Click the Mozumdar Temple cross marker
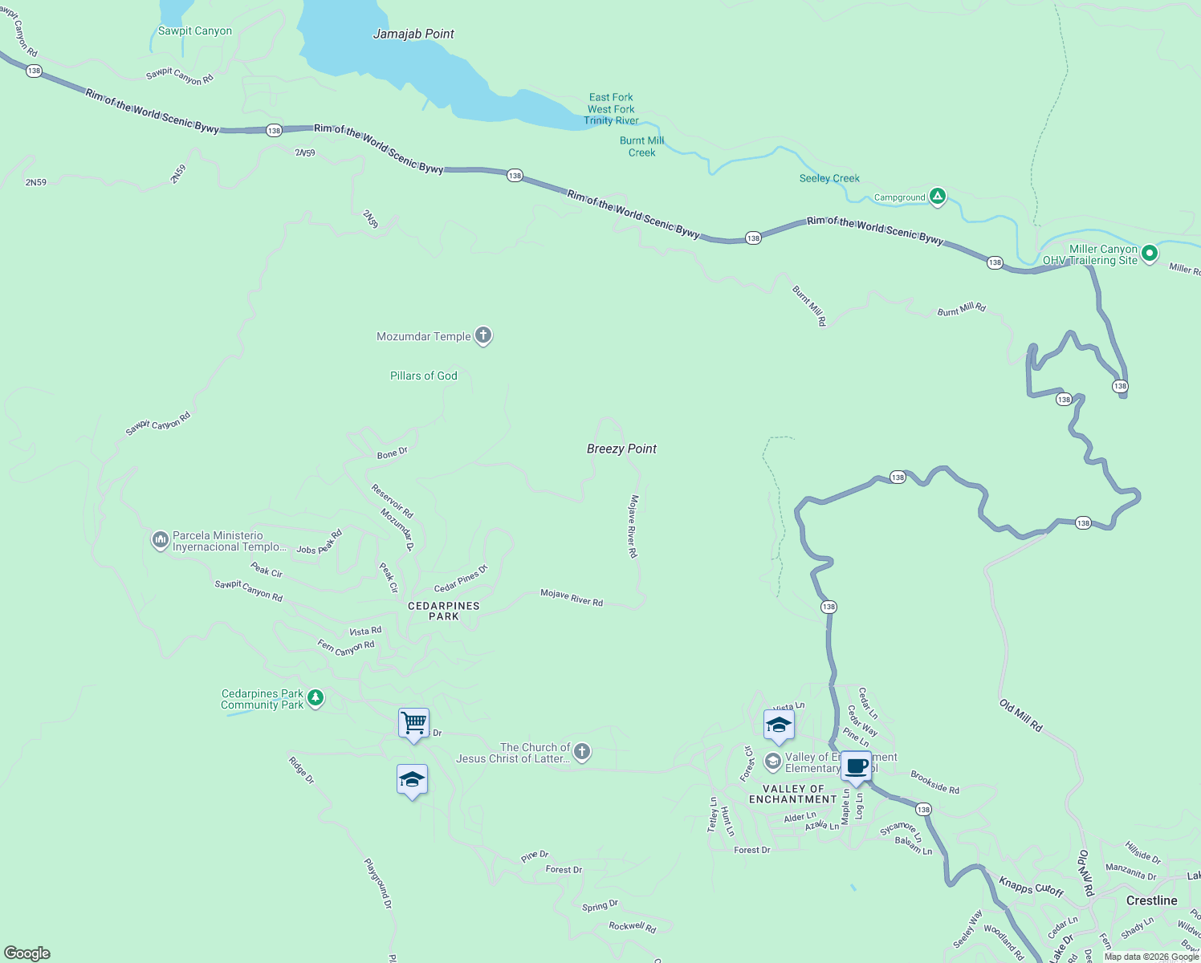click(x=482, y=335)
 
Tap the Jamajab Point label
click(x=413, y=34)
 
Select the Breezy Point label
click(x=621, y=449)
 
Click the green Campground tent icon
click(x=937, y=196)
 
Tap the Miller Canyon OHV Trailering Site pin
click(x=1149, y=254)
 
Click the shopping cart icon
click(x=413, y=723)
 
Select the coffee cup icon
click(x=856, y=766)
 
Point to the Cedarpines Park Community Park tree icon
click(x=316, y=698)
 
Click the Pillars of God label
click(x=423, y=376)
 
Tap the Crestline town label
click(x=1151, y=900)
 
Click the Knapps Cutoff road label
click(x=1031, y=887)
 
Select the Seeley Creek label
click(x=829, y=178)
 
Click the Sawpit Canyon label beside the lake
click(x=195, y=30)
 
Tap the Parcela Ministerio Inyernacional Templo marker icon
click(x=160, y=540)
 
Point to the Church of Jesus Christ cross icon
click(x=582, y=752)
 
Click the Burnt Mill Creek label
click(x=641, y=146)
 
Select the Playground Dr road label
click(x=378, y=884)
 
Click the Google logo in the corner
click(x=27, y=953)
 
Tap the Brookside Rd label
click(x=934, y=782)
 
